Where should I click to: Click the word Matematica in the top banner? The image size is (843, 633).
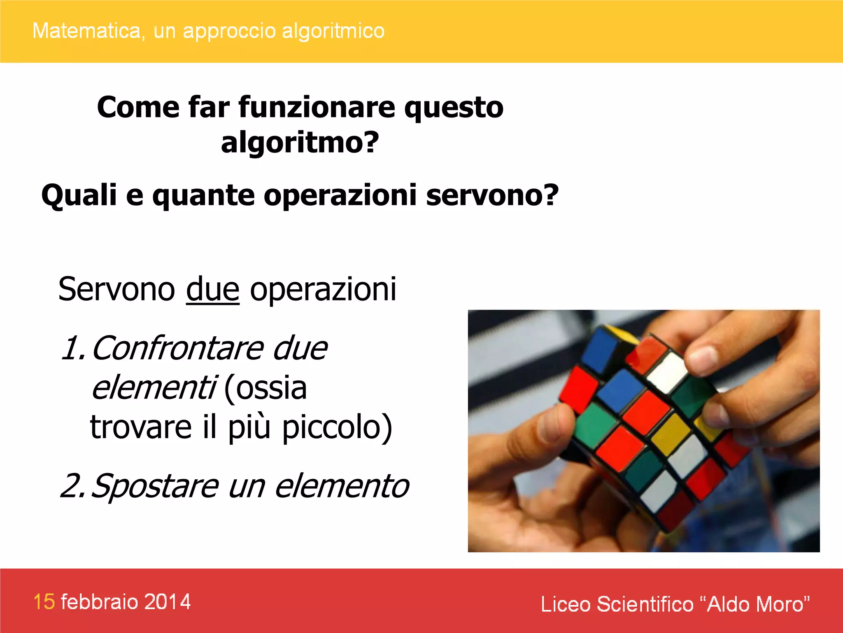click(x=86, y=31)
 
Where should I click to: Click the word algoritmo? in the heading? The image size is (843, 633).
click(x=300, y=143)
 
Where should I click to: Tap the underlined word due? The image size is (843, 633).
click(x=212, y=289)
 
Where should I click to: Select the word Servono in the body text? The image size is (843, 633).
click(x=116, y=289)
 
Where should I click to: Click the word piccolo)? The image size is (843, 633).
click(x=337, y=427)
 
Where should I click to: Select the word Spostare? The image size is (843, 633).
click(x=154, y=486)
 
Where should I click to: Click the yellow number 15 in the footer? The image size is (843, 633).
click(x=44, y=602)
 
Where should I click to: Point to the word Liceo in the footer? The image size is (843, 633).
click(x=566, y=604)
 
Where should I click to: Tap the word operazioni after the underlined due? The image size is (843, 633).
click(x=323, y=289)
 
